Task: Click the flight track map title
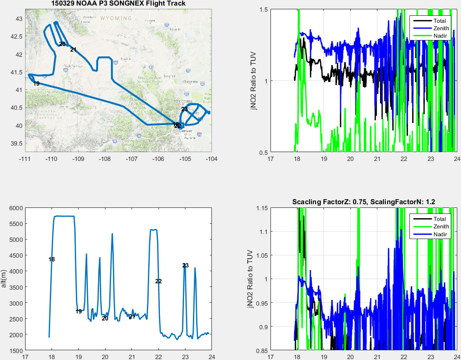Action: point(118,4)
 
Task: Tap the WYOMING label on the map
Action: point(116,18)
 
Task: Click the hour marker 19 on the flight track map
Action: point(36,84)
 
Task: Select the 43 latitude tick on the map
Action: point(19,19)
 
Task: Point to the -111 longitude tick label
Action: point(25,159)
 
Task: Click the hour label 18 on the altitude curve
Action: point(52,260)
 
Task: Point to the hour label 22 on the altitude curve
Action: point(158,281)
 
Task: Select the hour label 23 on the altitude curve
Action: point(185,266)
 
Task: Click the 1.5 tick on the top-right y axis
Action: point(263,9)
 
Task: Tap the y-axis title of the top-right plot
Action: point(253,81)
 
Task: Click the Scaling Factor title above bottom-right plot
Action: point(363,202)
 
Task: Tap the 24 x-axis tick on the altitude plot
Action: point(211,357)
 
